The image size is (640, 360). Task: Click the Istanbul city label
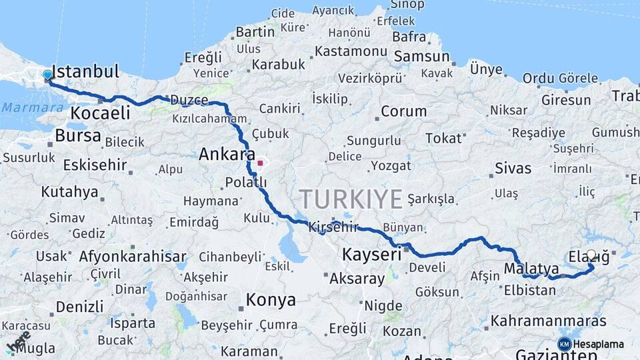point(85,71)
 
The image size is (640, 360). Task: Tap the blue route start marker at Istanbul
point(47,75)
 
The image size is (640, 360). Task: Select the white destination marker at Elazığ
point(591,255)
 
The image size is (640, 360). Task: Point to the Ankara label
point(227,155)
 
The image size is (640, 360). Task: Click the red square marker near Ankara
point(260,162)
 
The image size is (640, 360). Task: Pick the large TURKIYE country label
point(351,199)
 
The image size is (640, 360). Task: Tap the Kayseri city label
point(371,254)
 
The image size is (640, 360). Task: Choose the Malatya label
point(531,269)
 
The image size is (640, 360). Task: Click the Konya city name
point(271,300)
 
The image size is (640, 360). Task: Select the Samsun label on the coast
point(421,57)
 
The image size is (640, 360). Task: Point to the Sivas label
point(513,168)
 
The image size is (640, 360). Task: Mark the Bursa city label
point(78,136)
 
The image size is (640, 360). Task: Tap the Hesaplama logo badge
point(591,344)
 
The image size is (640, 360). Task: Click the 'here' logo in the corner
point(18,341)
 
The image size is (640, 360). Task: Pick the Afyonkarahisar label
point(133,257)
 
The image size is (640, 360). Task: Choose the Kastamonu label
point(351,51)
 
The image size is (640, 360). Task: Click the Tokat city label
point(443,139)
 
